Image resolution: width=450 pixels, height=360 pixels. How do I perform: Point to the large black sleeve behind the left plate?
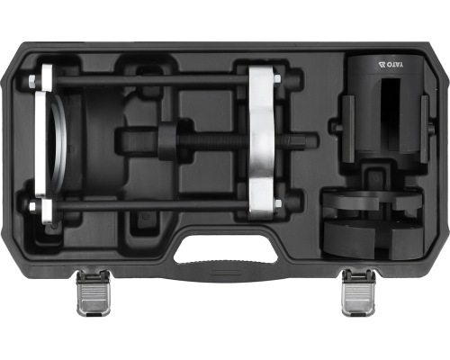point(90,144)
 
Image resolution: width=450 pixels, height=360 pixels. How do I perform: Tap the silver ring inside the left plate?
point(61,144)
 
